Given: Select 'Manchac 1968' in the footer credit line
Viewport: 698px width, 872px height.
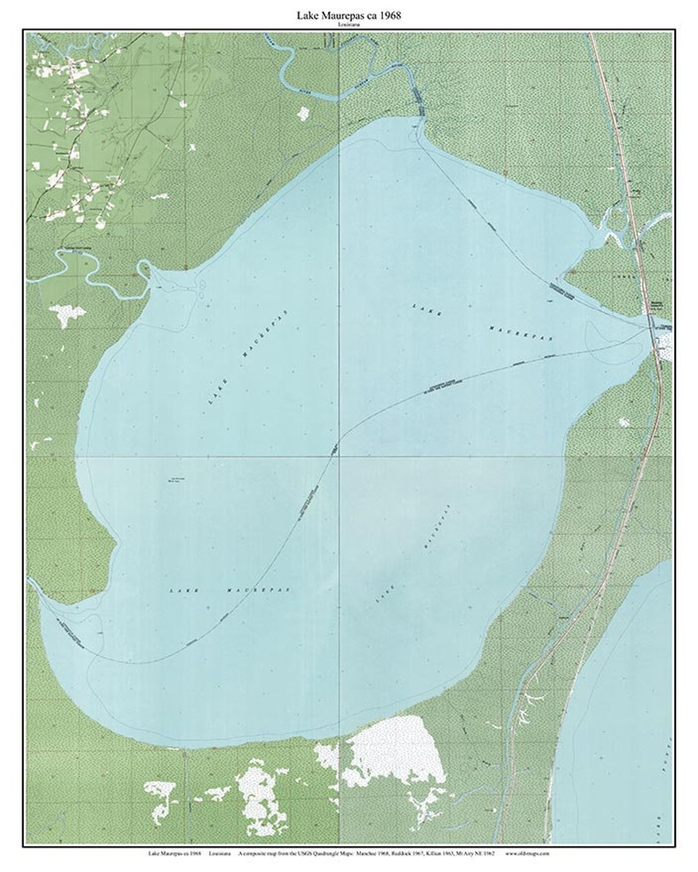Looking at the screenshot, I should coord(373,853).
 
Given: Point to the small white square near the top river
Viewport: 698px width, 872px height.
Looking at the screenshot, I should coord(302,113).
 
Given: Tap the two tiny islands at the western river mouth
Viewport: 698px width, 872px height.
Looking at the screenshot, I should coord(202,285).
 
